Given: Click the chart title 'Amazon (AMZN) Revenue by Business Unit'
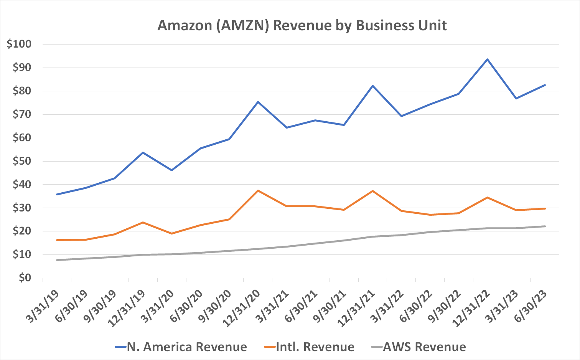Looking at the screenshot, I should pos(302,25).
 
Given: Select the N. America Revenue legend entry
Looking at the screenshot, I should pos(181,347).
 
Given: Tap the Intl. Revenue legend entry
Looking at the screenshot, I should pos(309,347).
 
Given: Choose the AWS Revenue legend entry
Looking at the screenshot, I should pos(419,347).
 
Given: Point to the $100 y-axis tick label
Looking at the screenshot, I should pos(19,44).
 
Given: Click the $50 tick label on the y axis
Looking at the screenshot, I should pos(21,161).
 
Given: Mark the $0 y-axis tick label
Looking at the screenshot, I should pos(24,278).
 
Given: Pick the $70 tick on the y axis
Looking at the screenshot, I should pos(21,114).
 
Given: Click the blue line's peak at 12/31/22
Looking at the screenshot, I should pos(487,59).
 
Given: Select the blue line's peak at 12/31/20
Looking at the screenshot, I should pos(258,102).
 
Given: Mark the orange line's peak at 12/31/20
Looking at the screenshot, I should pos(258,190).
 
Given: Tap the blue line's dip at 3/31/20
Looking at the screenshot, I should pos(171,170).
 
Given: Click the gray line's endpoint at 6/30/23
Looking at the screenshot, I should pos(545,226).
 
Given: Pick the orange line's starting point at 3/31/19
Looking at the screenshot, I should pos(57,240).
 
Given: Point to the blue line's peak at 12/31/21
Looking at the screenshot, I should pos(372,86).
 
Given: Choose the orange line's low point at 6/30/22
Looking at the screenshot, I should pos(430,215).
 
